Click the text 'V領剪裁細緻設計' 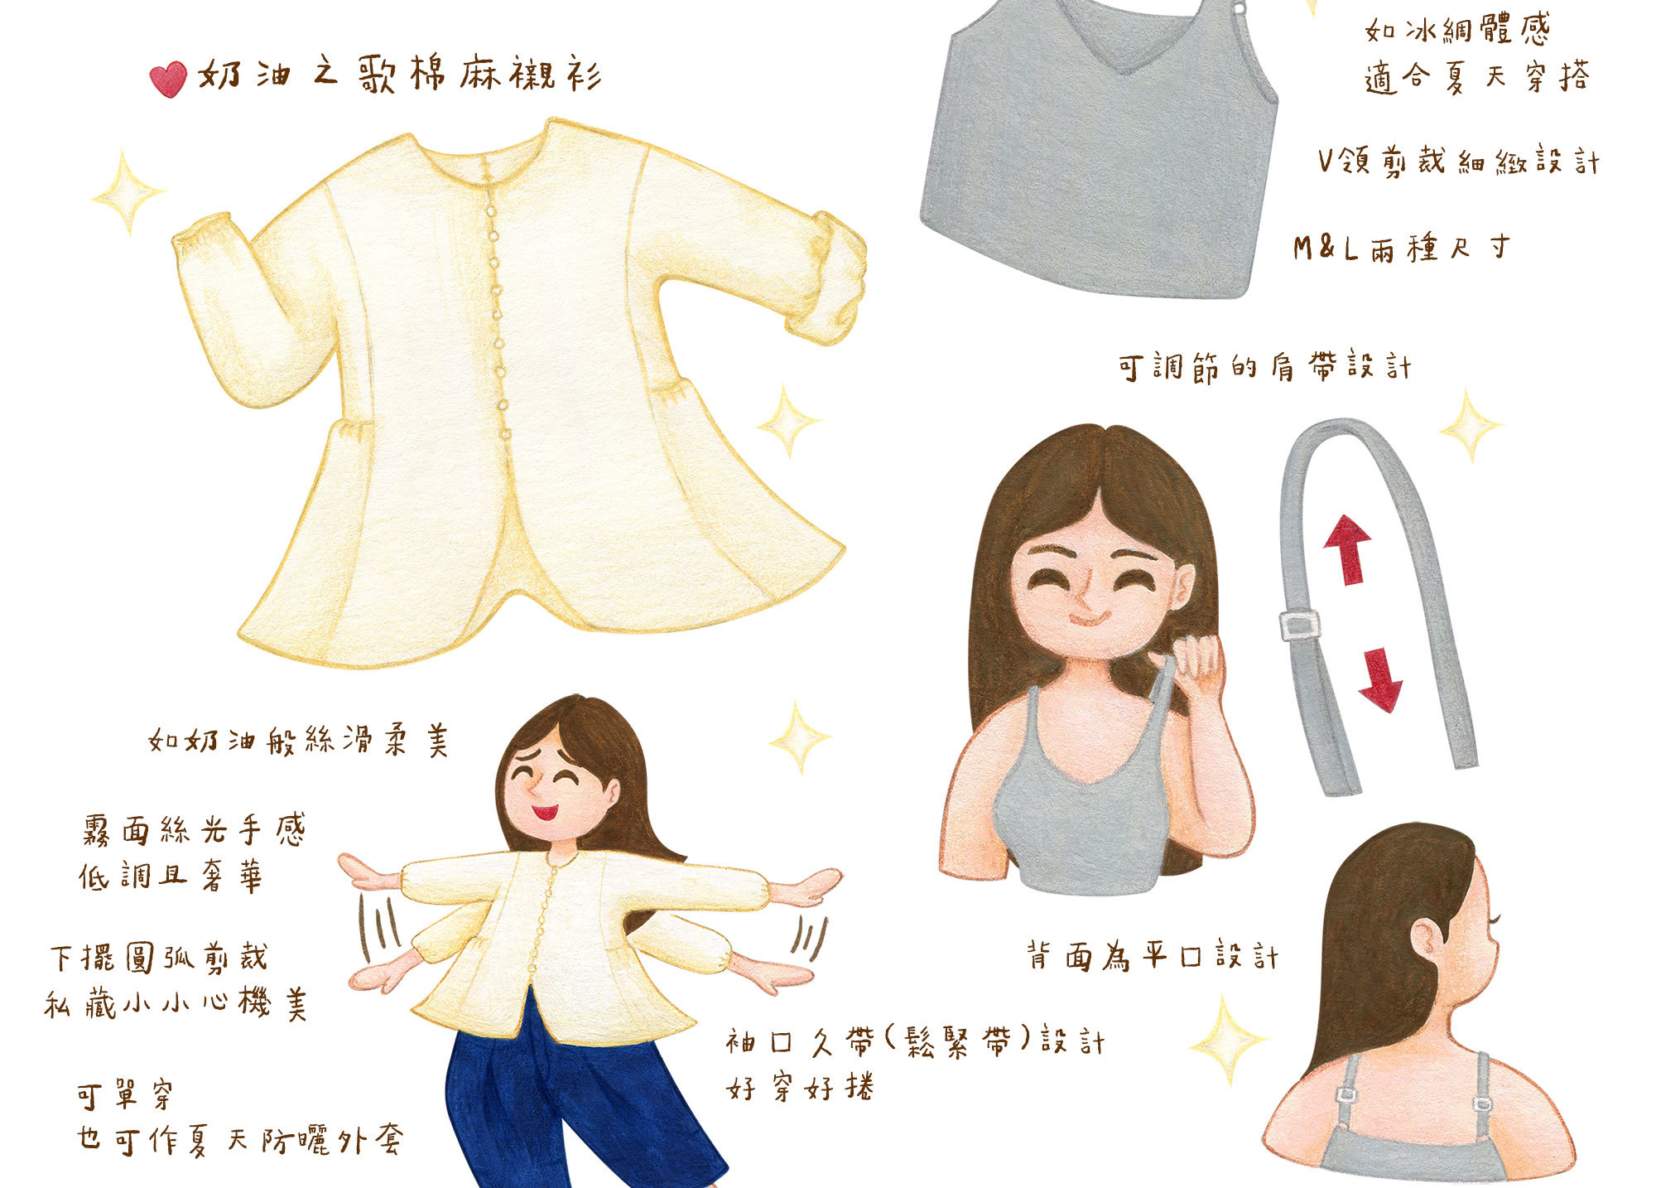tap(1458, 161)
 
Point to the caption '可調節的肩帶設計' tap(1264, 367)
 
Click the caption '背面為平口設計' tap(1152, 957)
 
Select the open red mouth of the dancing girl tap(545, 811)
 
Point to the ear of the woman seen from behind tap(1426, 940)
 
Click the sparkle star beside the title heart tap(127, 193)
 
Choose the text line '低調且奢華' tap(171, 877)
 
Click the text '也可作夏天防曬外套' tap(240, 1141)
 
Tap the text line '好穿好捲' tap(800, 1087)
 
